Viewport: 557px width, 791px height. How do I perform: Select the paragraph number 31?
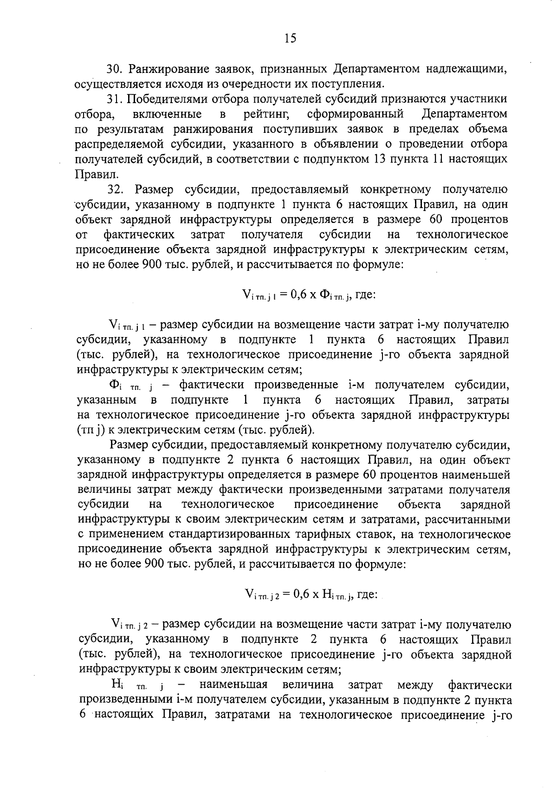point(114,99)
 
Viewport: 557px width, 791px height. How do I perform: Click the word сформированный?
point(355,114)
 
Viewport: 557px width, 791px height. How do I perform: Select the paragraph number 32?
point(117,190)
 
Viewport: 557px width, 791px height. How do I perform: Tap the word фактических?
point(139,235)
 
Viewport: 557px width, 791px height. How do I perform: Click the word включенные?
point(167,114)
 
